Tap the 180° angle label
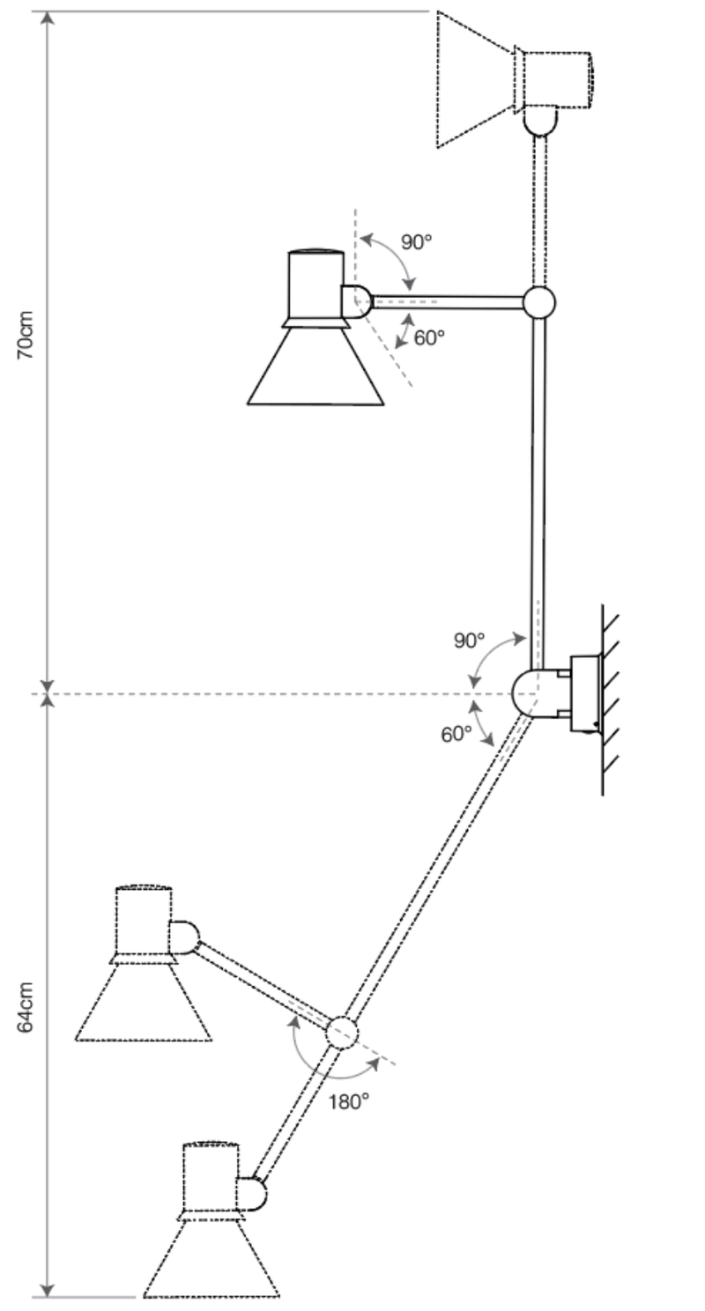pyautogui.click(x=350, y=1101)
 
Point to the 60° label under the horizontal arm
pyautogui.click(x=429, y=337)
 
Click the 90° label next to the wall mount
pyautogui.click(x=470, y=641)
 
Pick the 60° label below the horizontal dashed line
pyautogui.click(x=456, y=734)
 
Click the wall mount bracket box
pyautogui.click(x=585, y=693)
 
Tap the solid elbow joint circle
pyautogui.click(x=538, y=302)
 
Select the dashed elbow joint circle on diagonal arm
pyautogui.click(x=342, y=1033)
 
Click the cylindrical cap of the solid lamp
pyautogui.click(x=315, y=285)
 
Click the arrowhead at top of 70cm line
pyautogui.click(x=48, y=18)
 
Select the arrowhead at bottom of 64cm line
pyautogui.click(x=48, y=1290)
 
